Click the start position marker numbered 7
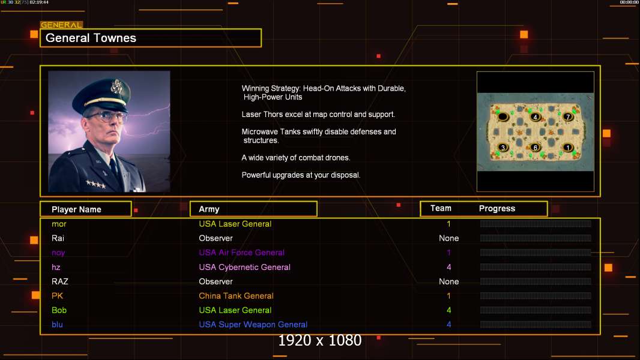coord(568,116)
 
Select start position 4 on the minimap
coord(536,116)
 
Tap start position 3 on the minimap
coord(503,147)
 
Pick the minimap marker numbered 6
coord(536,147)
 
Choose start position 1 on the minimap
coord(568,147)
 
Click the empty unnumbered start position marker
coord(503,116)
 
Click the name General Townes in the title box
coord(91,38)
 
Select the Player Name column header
coord(76,209)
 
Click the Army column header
coord(209,209)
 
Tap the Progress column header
coord(497,209)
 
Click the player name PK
coord(57,296)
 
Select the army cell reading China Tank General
coord(236,296)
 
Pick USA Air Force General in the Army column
coord(241,253)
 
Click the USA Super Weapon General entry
coord(253,325)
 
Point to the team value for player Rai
coord(448,238)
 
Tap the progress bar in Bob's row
coord(536,310)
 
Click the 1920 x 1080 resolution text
coord(319,341)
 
